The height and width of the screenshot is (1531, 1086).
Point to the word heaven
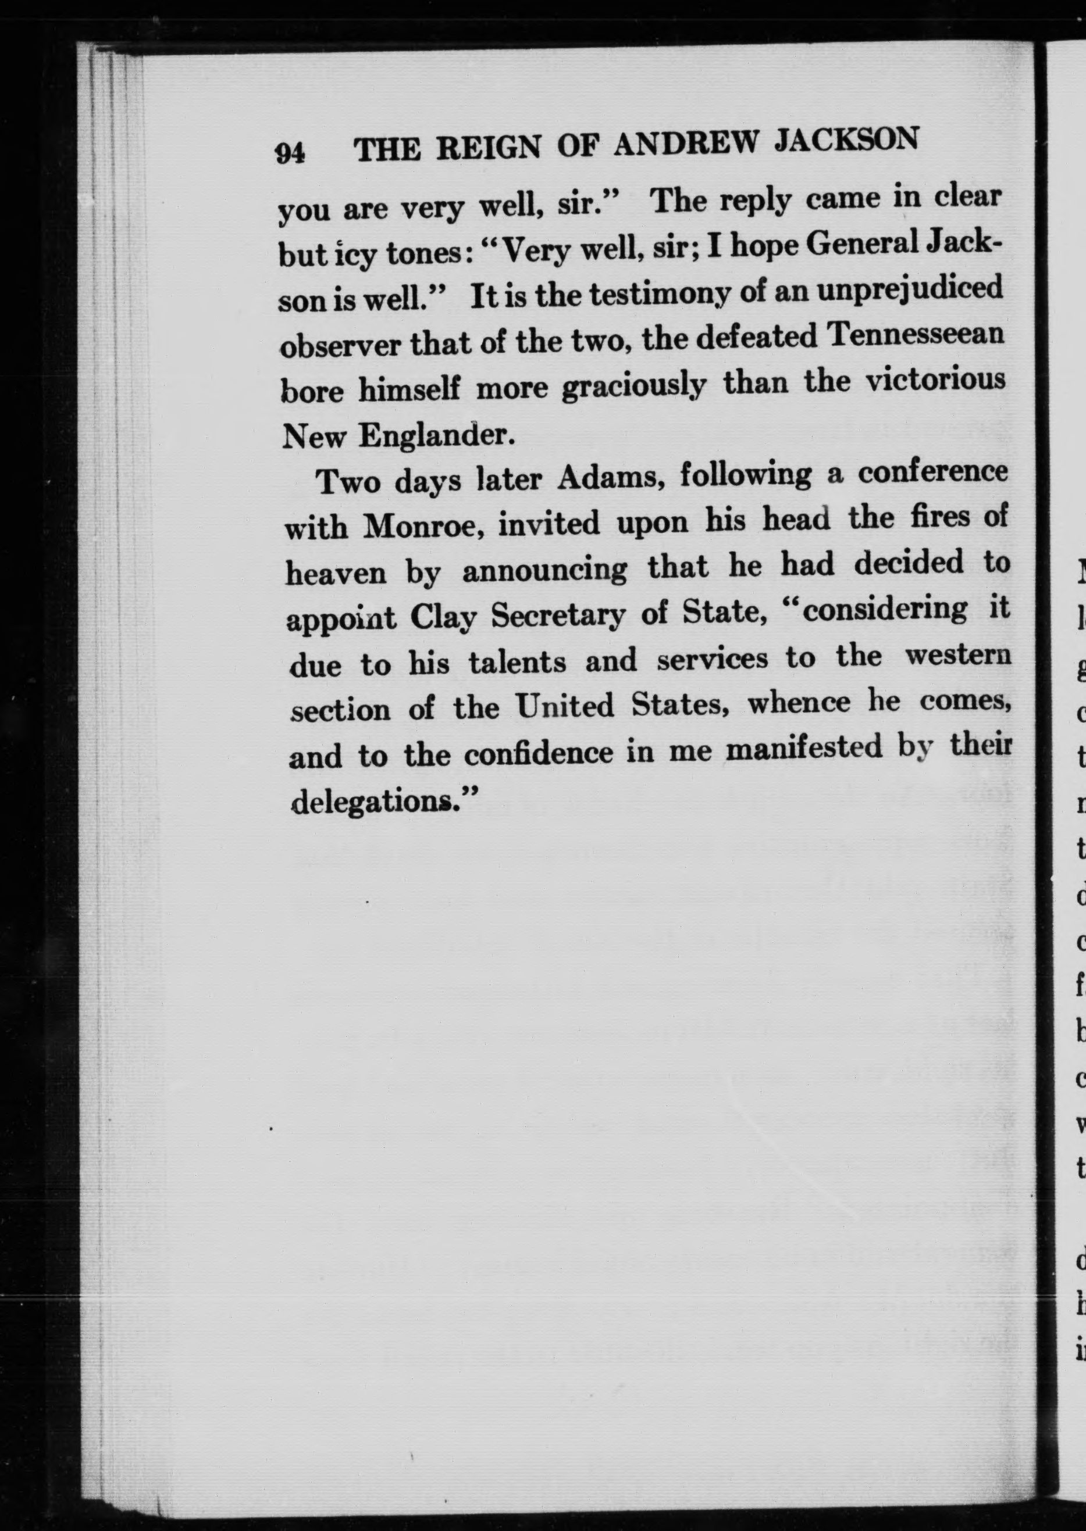pyautogui.click(x=335, y=573)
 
